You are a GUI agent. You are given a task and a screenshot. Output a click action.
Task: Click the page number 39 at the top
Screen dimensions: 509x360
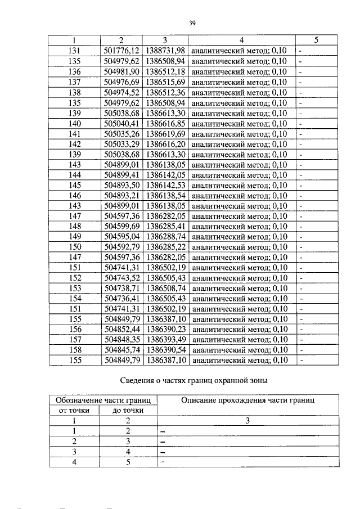pos(191,22)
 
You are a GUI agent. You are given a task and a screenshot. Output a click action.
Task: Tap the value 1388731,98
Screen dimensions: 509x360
pos(165,51)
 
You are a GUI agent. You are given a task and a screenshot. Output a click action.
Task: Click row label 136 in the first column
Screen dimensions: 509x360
pos(74,72)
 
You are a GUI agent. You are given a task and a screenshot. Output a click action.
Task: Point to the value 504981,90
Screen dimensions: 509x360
pos(121,72)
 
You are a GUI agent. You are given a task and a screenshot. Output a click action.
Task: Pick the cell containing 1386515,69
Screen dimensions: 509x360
pos(165,82)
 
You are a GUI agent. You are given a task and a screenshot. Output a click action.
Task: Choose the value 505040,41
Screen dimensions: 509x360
pos(121,123)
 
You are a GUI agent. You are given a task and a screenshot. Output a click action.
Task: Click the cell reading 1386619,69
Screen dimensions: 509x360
pos(165,134)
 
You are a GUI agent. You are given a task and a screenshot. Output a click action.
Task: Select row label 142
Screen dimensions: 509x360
pos(74,144)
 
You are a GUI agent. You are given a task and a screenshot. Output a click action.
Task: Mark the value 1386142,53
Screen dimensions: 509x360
pos(165,185)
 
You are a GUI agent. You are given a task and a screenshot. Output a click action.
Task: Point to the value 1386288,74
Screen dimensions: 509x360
pos(165,237)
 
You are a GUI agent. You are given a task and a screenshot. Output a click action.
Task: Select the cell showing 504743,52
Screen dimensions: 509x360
pos(121,278)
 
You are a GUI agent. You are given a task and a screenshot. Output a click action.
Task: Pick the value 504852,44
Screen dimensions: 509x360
pos(121,330)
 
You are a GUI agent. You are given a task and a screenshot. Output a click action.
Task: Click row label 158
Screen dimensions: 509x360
pos(74,350)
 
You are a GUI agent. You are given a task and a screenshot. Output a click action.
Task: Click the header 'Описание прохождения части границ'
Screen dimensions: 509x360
pos(248,400)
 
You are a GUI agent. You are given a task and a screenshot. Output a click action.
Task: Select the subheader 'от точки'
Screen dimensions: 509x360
pos(74,411)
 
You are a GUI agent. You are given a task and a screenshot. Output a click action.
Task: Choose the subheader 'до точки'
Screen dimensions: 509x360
pos(128,411)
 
